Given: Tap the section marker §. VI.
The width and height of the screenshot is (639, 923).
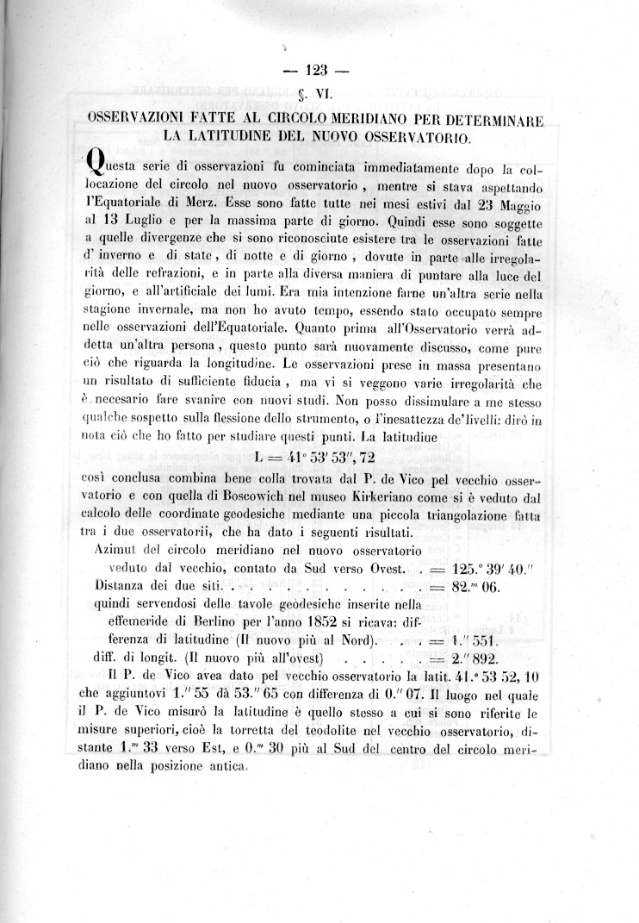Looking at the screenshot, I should coord(319,95).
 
